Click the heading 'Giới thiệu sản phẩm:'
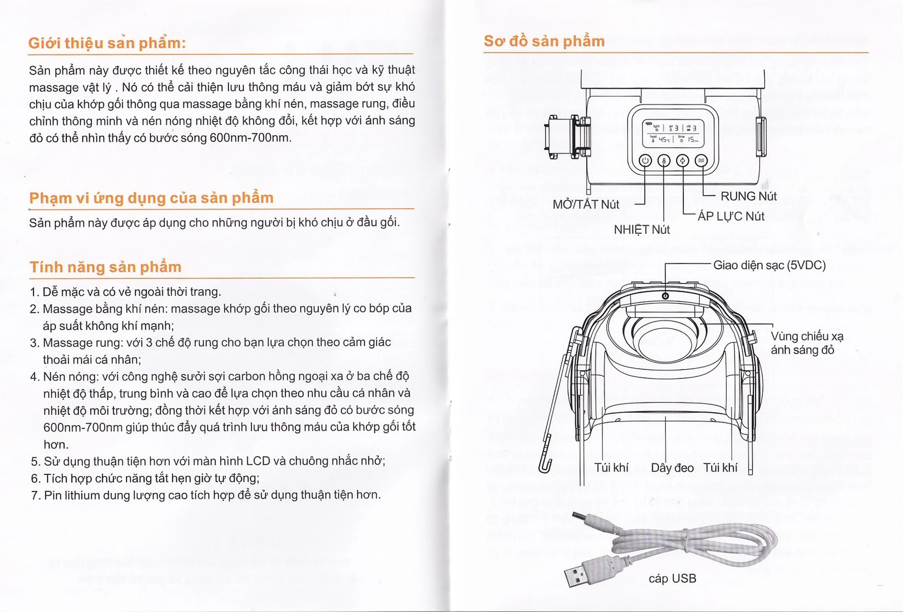click(x=107, y=43)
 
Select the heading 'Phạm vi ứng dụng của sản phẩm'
click(x=152, y=198)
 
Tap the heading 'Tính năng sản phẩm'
click(x=106, y=267)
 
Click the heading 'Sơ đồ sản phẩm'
click(x=544, y=41)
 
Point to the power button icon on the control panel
click(x=646, y=160)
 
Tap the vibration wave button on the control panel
click(x=701, y=160)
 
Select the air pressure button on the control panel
click(x=683, y=160)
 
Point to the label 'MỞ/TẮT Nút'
click(x=586, y=204)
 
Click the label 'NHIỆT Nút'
click(x=642, y=230)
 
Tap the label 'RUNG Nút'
click(x=749, y=196)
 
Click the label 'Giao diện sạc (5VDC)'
click(x=769, y=265)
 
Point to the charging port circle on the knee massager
click(x=665, y=296)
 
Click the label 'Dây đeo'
click(x=672, y=468)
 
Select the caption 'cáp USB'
click(x=673, y=578)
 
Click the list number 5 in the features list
click(x=35, y=462)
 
